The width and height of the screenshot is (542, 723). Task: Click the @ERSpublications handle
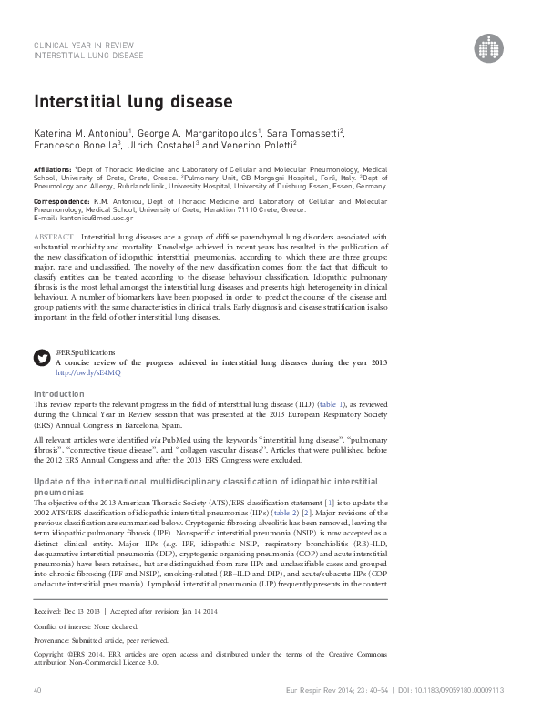86,351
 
